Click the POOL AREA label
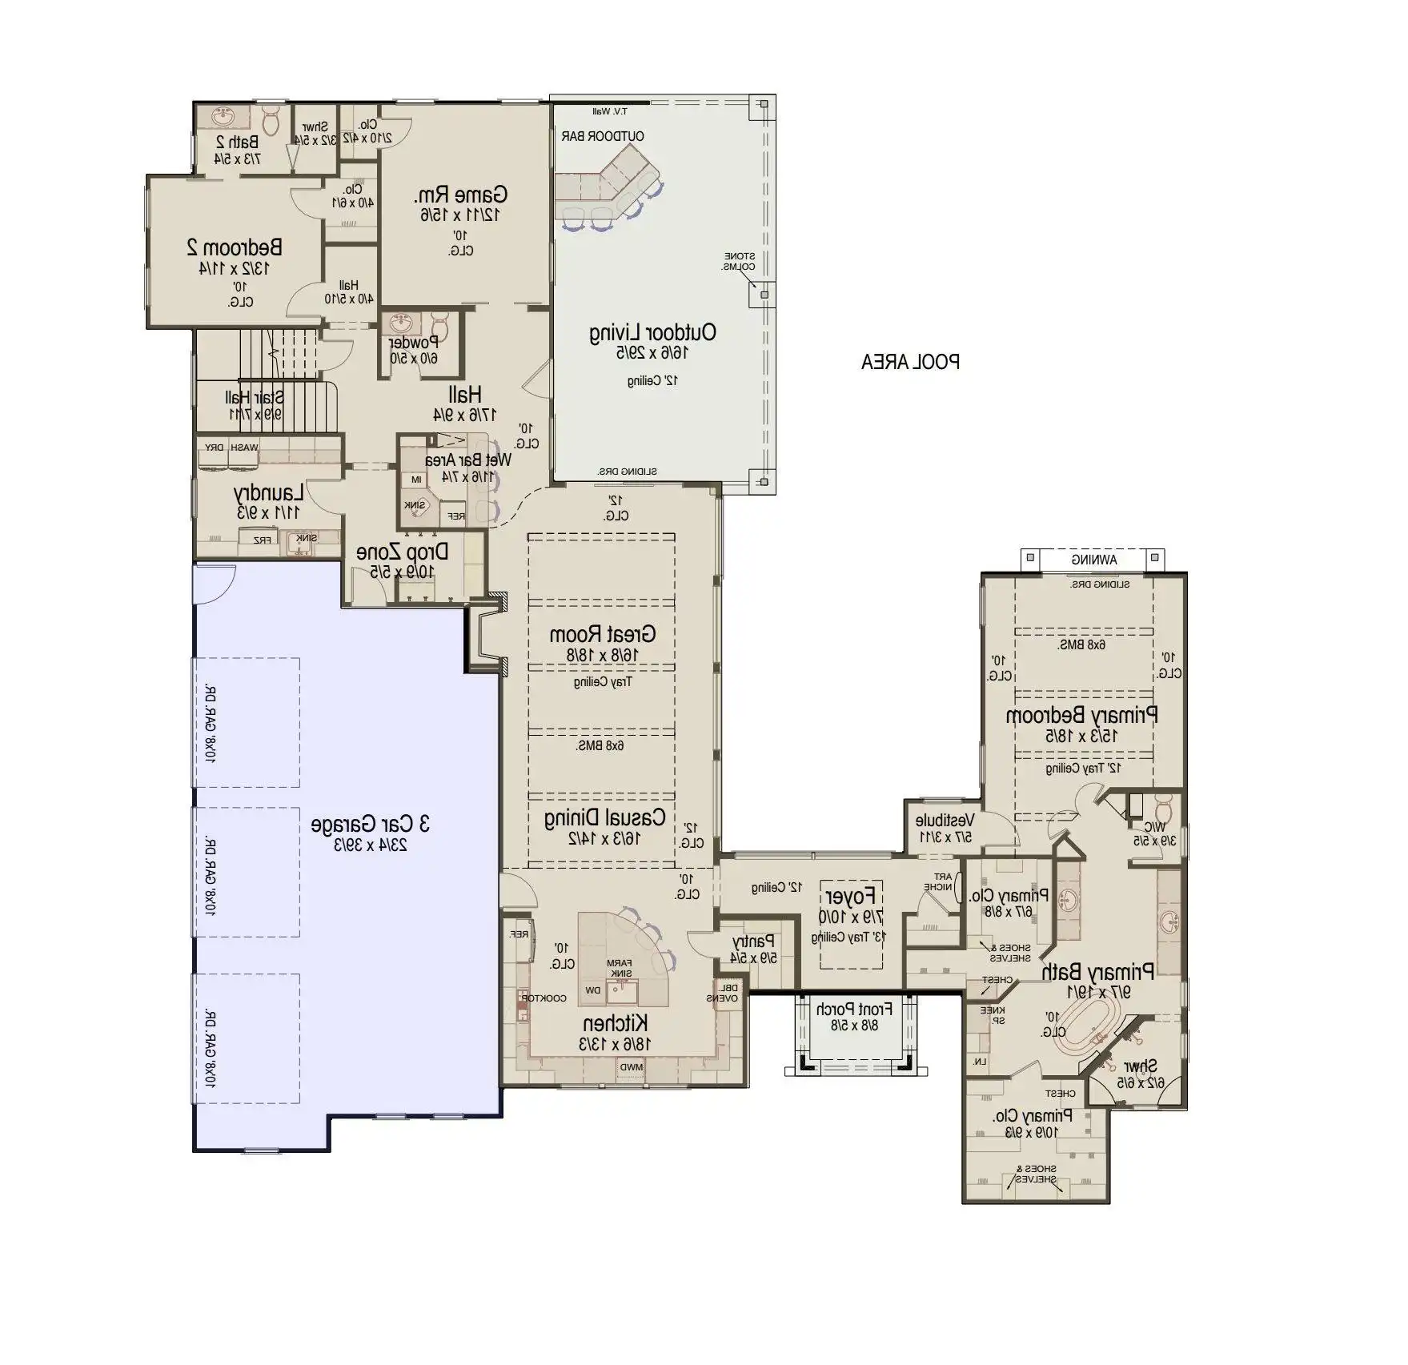click(910, 362)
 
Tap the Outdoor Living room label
click(652, 332)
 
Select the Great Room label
click(602, 635)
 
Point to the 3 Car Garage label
click(371, 824)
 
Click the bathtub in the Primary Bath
click(1082, 1034)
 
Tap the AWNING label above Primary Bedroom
click(1094, 560)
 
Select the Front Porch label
click(853, 1010)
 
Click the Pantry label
click(753, 942)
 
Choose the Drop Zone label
click(402, 552)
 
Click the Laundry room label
click(268, 492)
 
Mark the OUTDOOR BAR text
click(603, 136)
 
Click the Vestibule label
click(945, 821)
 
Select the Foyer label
click(850, 896)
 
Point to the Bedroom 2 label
click(234, 247)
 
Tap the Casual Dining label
click(604, 818)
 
